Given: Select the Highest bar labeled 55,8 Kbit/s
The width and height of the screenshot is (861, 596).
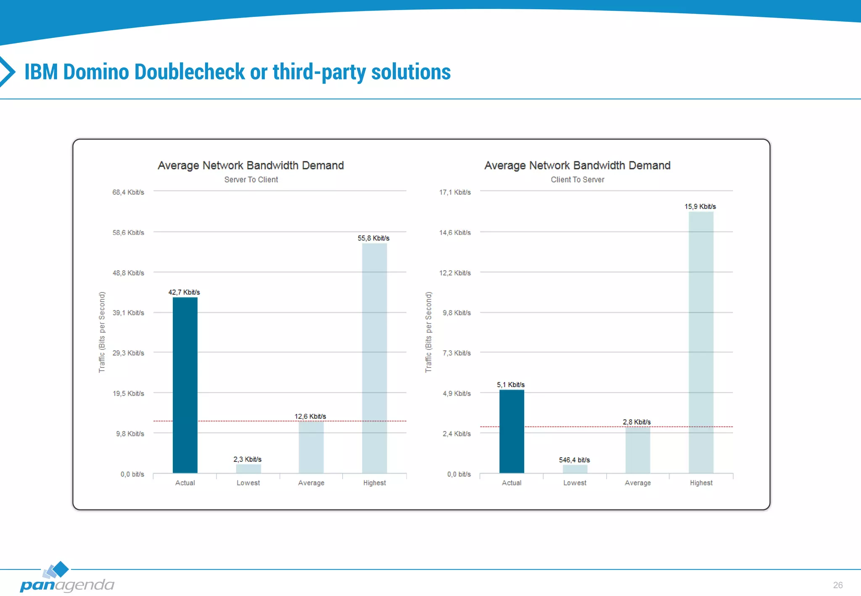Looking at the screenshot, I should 374,358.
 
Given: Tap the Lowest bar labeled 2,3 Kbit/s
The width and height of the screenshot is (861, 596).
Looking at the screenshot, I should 248,468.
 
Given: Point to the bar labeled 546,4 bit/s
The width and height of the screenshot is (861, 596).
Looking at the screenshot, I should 575,469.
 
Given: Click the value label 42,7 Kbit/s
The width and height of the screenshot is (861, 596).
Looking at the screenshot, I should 184,292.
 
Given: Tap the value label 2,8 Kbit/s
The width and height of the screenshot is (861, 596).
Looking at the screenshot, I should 637,422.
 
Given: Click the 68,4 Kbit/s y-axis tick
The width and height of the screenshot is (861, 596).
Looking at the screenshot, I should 128,192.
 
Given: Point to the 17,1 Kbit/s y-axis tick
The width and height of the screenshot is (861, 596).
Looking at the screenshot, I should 455,192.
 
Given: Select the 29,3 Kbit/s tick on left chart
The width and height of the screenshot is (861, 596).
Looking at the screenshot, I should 128,353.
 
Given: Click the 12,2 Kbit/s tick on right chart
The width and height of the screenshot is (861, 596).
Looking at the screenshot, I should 455,273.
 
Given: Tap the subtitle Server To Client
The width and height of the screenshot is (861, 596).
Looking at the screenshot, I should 251,179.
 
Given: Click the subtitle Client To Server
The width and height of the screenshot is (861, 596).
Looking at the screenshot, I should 577,179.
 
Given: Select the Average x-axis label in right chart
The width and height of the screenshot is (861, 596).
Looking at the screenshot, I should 637,483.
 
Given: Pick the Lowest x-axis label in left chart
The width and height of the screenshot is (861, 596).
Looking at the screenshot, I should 248,483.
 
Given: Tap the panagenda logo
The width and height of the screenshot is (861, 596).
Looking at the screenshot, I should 66,578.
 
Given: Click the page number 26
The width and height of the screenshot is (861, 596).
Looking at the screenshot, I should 837,585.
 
